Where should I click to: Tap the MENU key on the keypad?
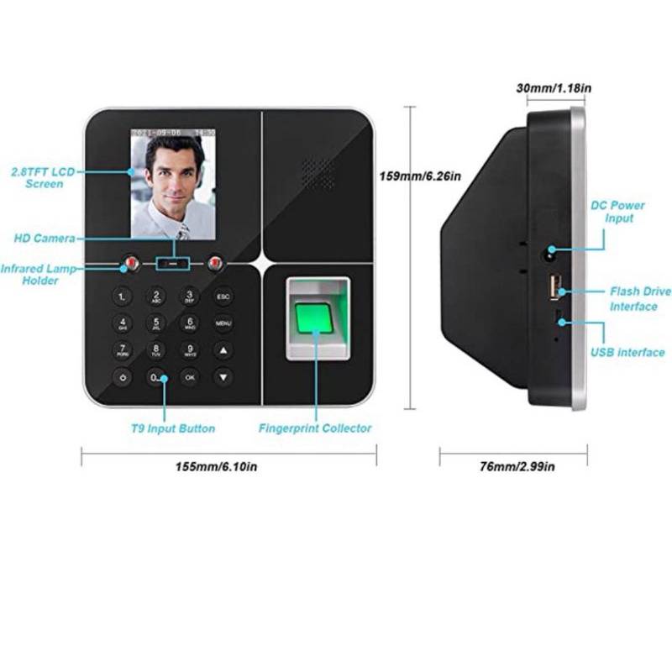(x=223, y=323)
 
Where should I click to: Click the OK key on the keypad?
(x=190, y=378)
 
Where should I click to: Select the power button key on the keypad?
(x=123, y=378)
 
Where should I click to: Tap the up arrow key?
(x=223, y=350)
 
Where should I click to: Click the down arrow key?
(x=223, y=378)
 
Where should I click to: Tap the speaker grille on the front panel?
(x=318, y=174)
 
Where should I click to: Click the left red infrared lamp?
(x=131, y=265)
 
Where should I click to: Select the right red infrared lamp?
(x=216, y=265)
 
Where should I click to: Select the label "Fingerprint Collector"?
(x=315, y=428)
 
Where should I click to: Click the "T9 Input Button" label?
(x=173, y=428)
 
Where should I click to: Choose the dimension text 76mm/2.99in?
(x=516, y=467)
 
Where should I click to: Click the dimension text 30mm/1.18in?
(x=553, y=87)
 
